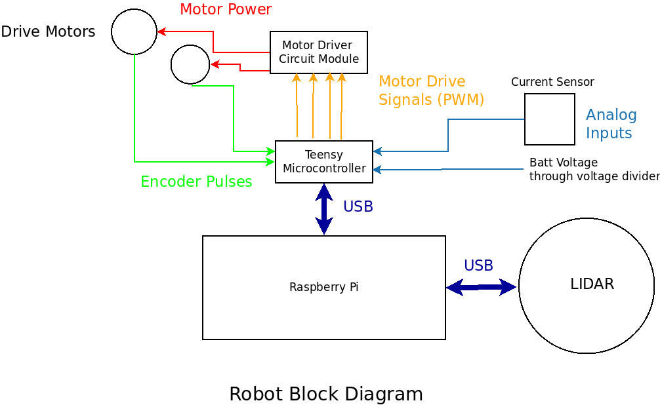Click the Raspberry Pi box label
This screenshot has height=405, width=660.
(323, 287)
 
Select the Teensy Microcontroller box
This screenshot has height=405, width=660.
(323, 161)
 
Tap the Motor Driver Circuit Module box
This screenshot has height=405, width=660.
(318, 52)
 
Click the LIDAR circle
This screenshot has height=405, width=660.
(586, 285)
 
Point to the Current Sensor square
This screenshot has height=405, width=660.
(549, 119)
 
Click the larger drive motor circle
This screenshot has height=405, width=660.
(134, 31)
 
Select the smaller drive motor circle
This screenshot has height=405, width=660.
(190, 64)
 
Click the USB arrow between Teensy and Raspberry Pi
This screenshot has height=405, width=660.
(324, 209)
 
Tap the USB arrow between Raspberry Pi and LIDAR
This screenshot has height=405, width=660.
(481, 286)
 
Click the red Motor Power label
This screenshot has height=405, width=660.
(225, 9)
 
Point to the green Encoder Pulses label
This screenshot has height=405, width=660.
(196, 182)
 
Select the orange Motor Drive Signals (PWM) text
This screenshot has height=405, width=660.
(431, 90)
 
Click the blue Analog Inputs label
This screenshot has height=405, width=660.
(611, 124)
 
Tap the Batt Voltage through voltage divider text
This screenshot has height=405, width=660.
(594, 169)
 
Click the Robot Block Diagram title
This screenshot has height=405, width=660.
(325, 394)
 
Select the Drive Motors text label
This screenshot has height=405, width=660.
(48, 31)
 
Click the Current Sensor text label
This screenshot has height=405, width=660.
(552, 82)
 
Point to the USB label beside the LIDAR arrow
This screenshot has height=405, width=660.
(478, 265)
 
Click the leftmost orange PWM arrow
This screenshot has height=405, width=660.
(297, 105)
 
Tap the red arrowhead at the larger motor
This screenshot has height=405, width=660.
(161, 31)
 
